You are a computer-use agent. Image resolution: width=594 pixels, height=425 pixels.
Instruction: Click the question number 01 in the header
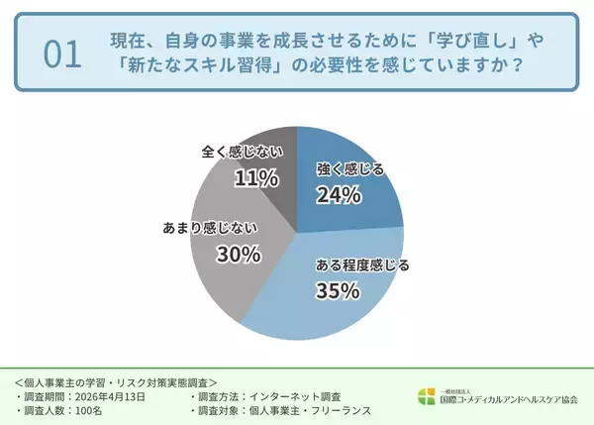tap(62, 55)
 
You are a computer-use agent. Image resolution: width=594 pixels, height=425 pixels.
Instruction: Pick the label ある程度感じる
tap(361, 266)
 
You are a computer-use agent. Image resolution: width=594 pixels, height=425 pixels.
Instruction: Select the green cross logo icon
tap(426, 397)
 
